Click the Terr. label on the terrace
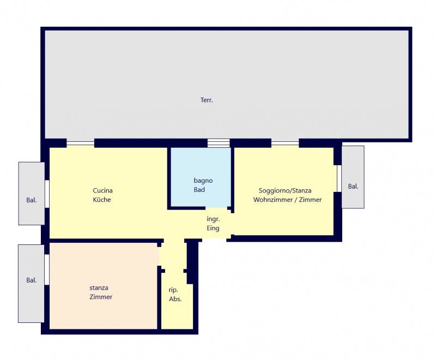(207, 100)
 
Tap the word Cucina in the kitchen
(102, 190)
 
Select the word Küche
(102, 200)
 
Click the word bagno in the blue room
(203, 181)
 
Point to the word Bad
(199, 190)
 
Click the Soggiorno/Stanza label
(285, 191)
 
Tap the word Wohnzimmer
(273, 200)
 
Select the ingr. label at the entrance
(213, 219)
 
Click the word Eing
(213, 228)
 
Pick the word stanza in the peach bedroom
(99, 287)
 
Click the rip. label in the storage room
(173, 290)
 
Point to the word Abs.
(175, 299)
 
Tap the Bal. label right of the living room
(353, 187)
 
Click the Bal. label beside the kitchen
(32, 200)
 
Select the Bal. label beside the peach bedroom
(32, 280)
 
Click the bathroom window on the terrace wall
(219, 143)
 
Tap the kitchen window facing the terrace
(80, 143)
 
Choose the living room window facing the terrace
(285, 143)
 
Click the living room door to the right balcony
(339, 178)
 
